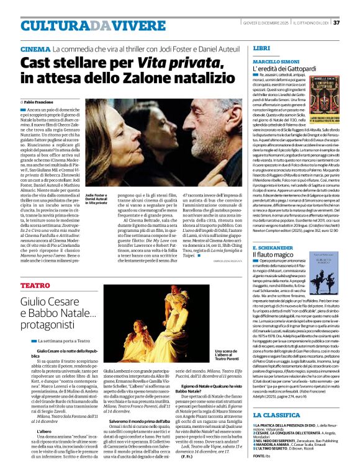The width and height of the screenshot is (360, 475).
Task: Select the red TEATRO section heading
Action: [35, 285]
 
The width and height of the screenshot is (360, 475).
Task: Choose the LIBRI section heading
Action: [262, 48]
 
